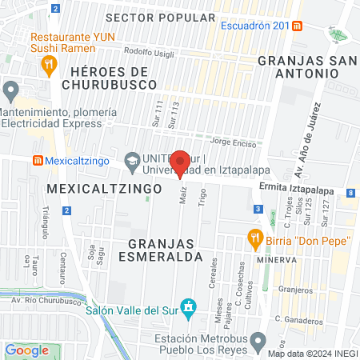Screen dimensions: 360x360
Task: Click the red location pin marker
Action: point(181,163)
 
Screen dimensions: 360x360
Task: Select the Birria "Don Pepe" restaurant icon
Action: point(255,237)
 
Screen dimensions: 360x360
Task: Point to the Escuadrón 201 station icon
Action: point(297,25)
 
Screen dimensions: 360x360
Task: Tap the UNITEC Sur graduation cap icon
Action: point(131,161)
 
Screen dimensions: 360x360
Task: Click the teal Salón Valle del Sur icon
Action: point(188,307)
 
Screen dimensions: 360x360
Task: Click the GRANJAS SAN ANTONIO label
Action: point(303,66)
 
